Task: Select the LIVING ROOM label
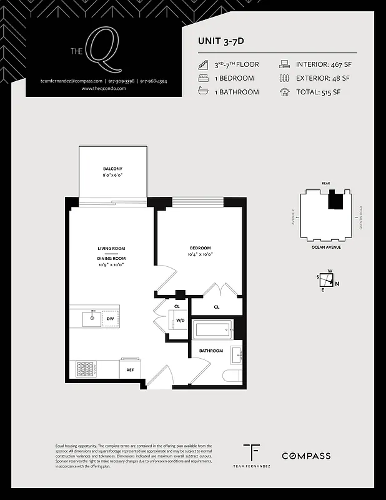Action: [111, 248]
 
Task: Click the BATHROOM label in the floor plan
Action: [210, 351]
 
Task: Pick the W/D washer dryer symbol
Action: [180, 321]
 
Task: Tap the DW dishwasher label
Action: [110, 319]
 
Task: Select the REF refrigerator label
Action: [130, 370]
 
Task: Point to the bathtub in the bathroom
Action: [212, 329]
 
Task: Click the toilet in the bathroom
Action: [232, 376]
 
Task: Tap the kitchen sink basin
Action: [91, 319]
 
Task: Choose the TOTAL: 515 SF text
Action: [319, 92]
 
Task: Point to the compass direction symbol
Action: [328, 280]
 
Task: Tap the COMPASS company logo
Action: [305, 456]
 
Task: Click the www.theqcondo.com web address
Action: [104, 89]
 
